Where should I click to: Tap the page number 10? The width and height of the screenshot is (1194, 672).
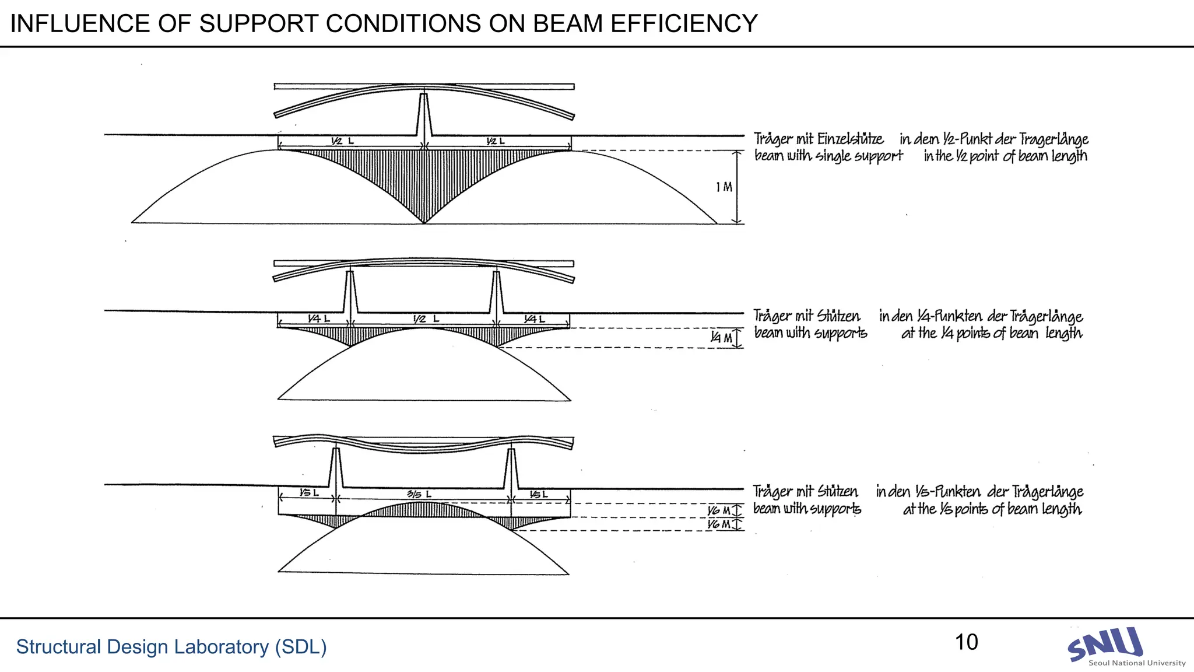(x=966, y=642)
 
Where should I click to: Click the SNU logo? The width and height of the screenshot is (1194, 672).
(x=1105, y=645)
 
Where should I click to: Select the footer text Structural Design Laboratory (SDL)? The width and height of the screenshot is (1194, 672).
(x=171, y=647)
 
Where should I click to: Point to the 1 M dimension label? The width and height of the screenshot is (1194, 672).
(x=724, y=187)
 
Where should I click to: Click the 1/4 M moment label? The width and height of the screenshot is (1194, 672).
(x=721, y=338)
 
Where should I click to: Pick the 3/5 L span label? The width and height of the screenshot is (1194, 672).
(x=419, y=495)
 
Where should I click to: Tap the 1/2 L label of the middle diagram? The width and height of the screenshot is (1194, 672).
(x=426, y=319)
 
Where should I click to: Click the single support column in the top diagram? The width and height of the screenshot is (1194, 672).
(x=424, y=117)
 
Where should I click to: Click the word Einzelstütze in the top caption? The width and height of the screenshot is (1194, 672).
(x=850, y=139)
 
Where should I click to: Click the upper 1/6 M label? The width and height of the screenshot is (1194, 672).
(x=718, y=511)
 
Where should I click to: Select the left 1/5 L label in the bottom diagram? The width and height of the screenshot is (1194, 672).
(x=309, y=494)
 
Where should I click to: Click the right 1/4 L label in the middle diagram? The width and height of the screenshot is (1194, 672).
(x=534, y=319)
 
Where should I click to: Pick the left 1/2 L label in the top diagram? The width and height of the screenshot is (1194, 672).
(x=342, y=141)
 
